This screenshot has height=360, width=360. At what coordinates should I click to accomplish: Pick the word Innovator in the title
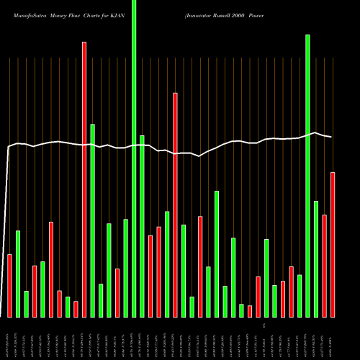pyautogui.click(x=202, y=15)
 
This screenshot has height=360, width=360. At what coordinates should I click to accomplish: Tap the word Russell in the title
pyautogui.click(x=233, y=15)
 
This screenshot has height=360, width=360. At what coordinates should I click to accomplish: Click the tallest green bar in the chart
pyautogui.click(x=134, y=158)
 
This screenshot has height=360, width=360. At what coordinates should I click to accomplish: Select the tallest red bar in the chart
pyautogui.click(x=84, y=179)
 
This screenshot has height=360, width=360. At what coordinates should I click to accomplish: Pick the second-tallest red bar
pyautogui.click(x=175, y=204)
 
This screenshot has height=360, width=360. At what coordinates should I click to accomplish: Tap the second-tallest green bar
pyautogui.click(x=307, y=176)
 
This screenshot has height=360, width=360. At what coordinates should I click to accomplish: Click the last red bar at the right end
pyautogui.click(x=333, y=245)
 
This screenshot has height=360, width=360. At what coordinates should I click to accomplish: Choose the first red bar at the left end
pyautogui.click(x=9, y=286)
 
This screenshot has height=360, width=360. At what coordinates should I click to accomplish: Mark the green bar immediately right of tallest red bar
pyautogui.click(x=92, y=220)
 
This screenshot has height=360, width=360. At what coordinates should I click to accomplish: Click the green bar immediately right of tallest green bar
pyautogui.click(x=142, y=226)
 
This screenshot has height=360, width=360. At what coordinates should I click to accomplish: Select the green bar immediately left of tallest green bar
pyautogui.click(x=125, y=268)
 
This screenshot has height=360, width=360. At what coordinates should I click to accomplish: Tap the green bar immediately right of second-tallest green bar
pyautogui.click(x=316, y=259)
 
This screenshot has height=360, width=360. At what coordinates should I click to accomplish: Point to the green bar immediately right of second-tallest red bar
pyautogui.click(x=184, y=271)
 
